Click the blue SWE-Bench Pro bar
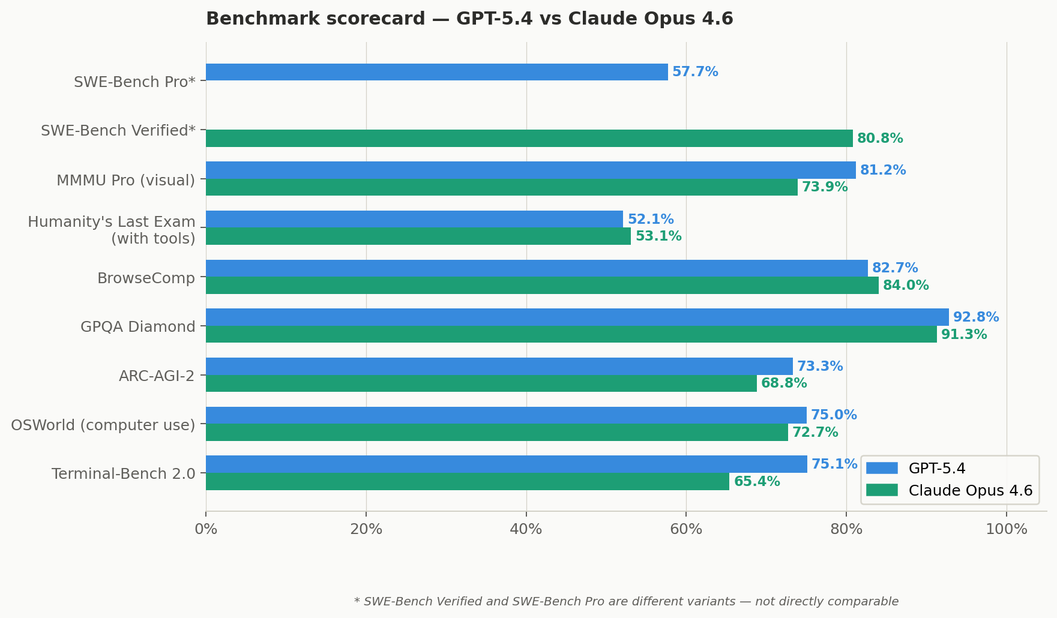pos(436,72)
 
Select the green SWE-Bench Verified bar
pos(528,139)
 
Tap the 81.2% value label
pos(882,170)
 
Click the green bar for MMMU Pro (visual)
pos(501,187)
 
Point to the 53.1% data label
pos(658,236)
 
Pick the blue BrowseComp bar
pos(536,268)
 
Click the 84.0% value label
pos(905,286)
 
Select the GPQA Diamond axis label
pos(137,327)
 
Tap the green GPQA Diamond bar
pos(570,334)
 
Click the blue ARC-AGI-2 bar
pos(498,366)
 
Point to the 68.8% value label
pos(783,383)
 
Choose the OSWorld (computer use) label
pos(103,425)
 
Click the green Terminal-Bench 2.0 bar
pos(467,481)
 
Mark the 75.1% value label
pos(834,464)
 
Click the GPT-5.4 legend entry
pos(936,469)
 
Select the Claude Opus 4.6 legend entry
pos(969,491)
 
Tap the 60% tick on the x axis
pos(686,529)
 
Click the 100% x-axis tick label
pos(1006,529)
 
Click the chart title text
pos(469,19)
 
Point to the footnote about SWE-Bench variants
pos(626,601)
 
